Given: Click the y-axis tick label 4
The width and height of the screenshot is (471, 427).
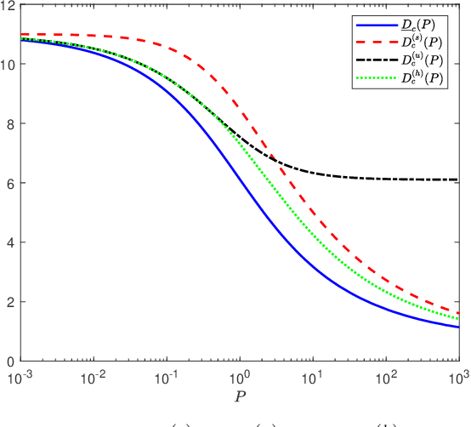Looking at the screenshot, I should (9, 242).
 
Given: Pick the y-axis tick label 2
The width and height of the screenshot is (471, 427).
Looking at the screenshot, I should (9, 302).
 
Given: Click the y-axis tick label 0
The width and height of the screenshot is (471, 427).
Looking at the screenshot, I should (9, 361).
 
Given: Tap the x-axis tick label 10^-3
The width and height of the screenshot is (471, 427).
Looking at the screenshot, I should (19, 374).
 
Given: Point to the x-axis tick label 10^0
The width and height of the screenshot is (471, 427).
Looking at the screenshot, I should (241, 374).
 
